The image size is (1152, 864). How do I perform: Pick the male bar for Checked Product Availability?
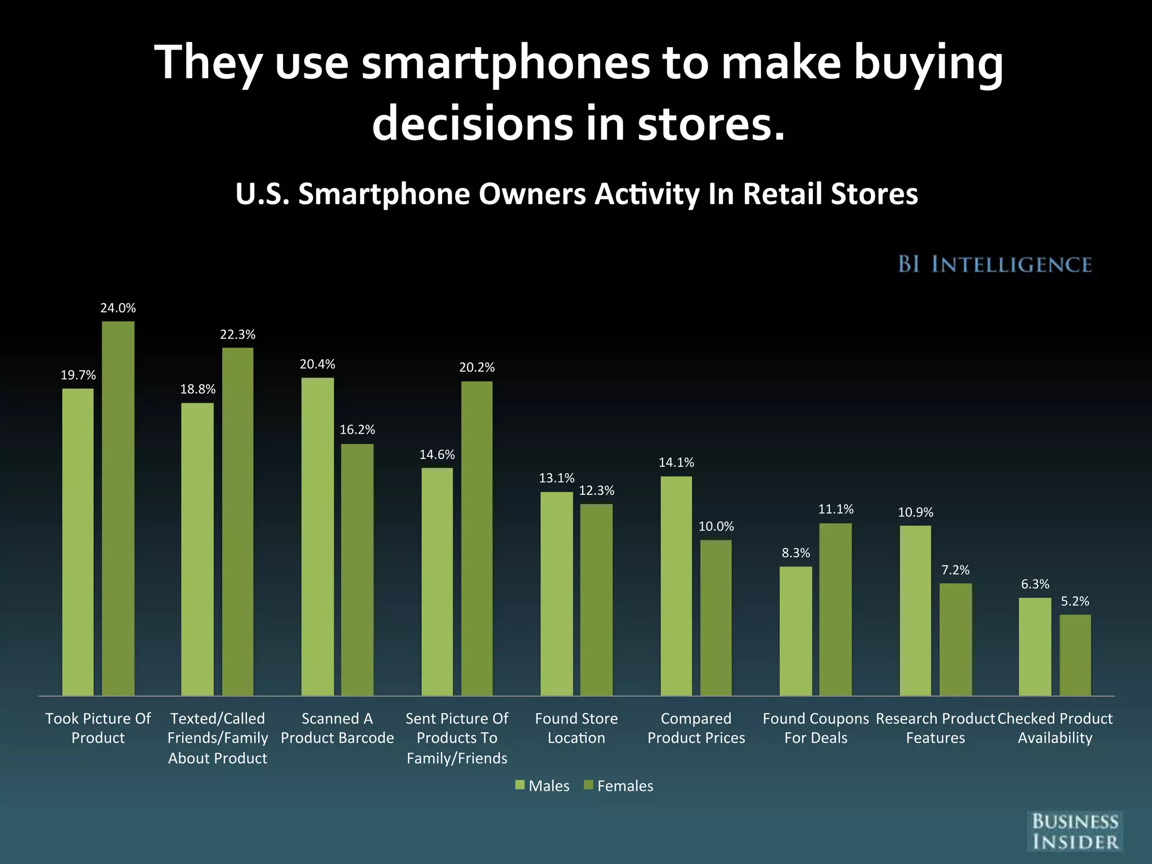point(1035,646)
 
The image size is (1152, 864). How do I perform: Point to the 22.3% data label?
point(237,335)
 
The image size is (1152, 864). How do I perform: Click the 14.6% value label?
point(437,454)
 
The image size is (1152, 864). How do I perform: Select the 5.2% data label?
point(1075,601)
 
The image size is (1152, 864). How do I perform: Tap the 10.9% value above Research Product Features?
point(915,512)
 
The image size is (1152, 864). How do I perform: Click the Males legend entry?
point(542,786)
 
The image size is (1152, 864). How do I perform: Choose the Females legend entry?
point(619,786)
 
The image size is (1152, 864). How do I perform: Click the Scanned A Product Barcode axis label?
point(337,728)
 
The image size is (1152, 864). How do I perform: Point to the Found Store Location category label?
point(576,728)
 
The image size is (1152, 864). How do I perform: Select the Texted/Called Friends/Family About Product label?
point(218,738)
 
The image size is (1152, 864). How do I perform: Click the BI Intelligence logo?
point(994,264)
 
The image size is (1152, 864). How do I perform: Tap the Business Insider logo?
point(1075,831)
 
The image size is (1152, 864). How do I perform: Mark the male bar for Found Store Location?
point(556,593)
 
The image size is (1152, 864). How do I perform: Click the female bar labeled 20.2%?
point(476,538)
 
